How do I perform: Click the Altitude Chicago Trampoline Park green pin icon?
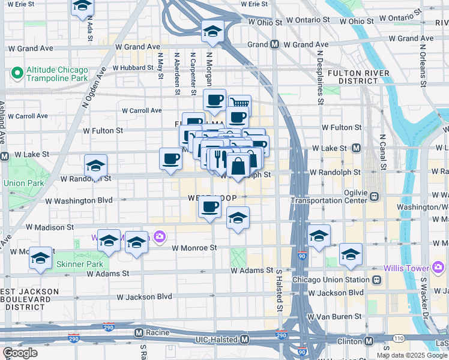pyautogui.click(x=17, y=74)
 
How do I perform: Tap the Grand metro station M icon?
pyautogui.click(x=274, y=44)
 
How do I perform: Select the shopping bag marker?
pyautogui.click(x=238, y=166)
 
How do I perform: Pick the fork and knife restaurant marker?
pyautogui.click(x=220, y=159)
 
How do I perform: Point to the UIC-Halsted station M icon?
pyautogui.click(x=244, y=340)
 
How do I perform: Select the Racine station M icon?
pyautogui.click(x=139, y=332)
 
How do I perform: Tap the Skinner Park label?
pyautogui.click(x=80, y=264)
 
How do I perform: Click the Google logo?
pyautogui.click(x=20, y=353)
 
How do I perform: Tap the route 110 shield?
pyautogui.click(x=398, y=340)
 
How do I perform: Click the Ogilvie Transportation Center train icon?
pyautogui.click(x=375, y=196)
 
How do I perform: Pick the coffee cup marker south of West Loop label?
pyautogui.click(x=210, y=208)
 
